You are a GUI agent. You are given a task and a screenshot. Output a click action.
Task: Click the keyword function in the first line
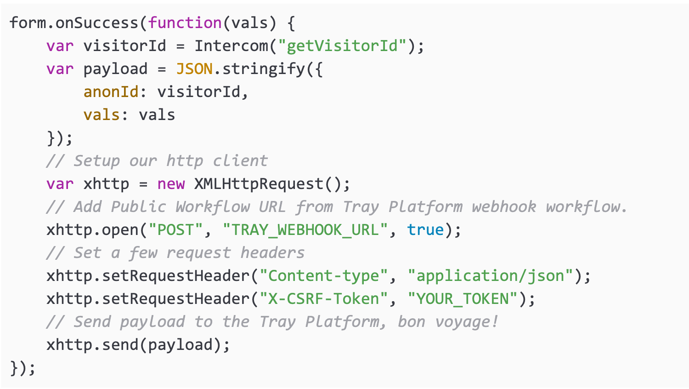(x=185, y=23)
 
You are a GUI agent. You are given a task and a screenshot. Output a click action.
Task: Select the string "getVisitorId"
(x=342, y=46)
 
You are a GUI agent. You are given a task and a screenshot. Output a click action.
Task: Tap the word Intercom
(x=231, y=46)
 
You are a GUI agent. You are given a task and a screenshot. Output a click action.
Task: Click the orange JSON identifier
(x=194, y=69)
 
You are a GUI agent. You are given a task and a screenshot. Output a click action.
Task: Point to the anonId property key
(x=111, y=92)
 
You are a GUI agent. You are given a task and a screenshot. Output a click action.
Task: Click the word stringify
(x=264, y=69)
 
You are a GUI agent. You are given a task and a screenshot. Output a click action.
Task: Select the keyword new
(x=171, y=184)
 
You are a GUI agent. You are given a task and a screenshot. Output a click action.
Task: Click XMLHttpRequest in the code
(x=259, y=184)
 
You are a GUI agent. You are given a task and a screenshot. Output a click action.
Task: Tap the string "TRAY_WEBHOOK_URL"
(x=305, y=230)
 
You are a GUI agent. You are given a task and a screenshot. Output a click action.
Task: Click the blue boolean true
(x=425, y=230)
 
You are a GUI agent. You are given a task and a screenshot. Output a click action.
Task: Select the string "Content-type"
(x=323, y=276)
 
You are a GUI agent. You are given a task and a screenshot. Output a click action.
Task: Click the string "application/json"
(x=490, y=276)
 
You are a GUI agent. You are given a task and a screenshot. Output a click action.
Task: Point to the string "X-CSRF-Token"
(x=323, y=299)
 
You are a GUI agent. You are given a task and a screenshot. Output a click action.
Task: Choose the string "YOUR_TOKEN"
(x=463, y=299)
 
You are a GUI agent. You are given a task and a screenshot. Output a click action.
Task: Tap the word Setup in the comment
(x=96, y=161)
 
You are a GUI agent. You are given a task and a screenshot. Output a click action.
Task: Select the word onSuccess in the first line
(x=96, y=23)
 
